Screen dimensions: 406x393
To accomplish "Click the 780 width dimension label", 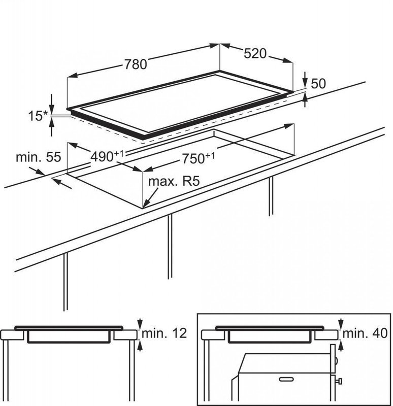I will [x=137, y=64].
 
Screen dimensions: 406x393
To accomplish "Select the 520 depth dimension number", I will [x=255, y=53].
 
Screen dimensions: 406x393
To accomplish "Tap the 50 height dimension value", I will [x=318, y=84].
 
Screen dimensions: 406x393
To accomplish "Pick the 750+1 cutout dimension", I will [x=195, y=158].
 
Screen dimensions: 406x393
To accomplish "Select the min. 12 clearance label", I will [x=164, y=333].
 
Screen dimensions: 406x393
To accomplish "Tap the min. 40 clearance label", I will [x=365, y=333].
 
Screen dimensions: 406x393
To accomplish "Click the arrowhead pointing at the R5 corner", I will [x=145, y=204].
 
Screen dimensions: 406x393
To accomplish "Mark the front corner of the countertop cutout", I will [x=143, y=208].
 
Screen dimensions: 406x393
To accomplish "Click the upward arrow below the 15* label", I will [x=52, y=129].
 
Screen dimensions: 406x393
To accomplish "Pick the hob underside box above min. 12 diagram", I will [x=70, y=336].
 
